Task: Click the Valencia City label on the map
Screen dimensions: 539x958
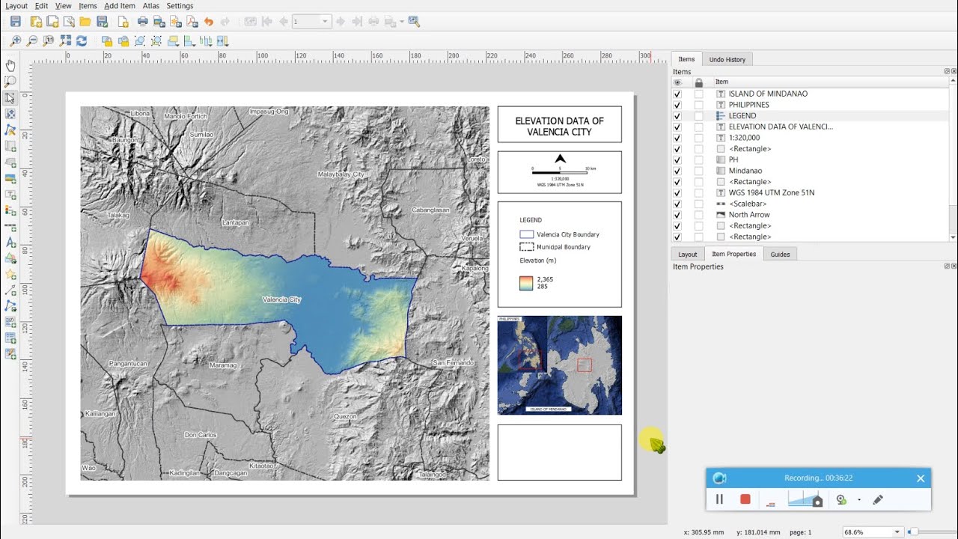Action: click(x=281, y=299)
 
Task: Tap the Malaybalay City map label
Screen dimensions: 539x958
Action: click(x=341, y=174)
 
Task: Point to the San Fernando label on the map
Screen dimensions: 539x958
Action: click(x=453, y=363)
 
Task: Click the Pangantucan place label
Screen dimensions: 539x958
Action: click(x=128, y=363)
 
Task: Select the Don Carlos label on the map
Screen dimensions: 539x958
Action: click(x=201, y=435)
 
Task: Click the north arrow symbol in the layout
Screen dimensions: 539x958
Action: click(x=560, y=159)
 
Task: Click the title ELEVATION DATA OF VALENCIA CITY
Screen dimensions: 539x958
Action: click(x=559, y=126)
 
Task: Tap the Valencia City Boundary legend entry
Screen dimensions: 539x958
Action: click(x=567, y=234)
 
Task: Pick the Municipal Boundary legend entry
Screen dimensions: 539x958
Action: click(x=563, y=247)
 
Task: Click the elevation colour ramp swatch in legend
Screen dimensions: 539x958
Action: click(x=526, y=283)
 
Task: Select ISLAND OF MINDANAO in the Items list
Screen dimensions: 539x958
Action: click(x=768, y=94)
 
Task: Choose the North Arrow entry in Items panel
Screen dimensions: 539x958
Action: click(x=749, y=215)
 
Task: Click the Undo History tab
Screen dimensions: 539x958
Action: click(x=727, y=59)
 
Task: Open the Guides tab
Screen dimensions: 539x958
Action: click(x=780, y=255)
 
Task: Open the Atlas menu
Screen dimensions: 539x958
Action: click(x=151, y=6)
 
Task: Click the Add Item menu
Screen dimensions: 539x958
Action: click(x=120, y=6)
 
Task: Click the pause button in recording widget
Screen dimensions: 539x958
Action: click(x=719, y=499)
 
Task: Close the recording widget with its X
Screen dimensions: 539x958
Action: click(x=921, y=478)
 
